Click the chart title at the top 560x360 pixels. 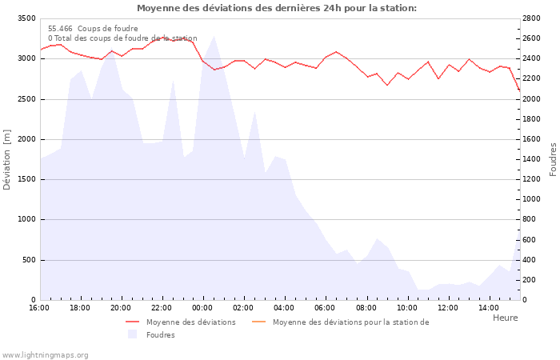[276, 8]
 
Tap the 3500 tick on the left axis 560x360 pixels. [26, 18]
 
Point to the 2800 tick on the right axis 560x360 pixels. [534, 18]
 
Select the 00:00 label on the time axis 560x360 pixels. [202, 308]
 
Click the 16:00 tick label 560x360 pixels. [39, 308]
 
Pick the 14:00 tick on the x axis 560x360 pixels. [489, 308]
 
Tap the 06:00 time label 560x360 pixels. [325, 308]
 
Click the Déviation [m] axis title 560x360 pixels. [7, 159]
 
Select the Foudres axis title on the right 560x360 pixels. [553, 159]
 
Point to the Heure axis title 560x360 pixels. [505, 318]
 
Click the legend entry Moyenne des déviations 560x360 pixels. [190, 322]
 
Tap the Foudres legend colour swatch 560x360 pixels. [133, 334]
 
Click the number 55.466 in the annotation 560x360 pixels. [60, 28]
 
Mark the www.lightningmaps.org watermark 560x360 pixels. [46, 355]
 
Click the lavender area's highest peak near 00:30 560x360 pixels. [214, 36]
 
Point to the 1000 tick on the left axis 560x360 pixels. [26, 219]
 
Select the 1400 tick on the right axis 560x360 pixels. [534, 159]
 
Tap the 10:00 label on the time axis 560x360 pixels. [407, 308]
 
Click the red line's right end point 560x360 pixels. [519, 90]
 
